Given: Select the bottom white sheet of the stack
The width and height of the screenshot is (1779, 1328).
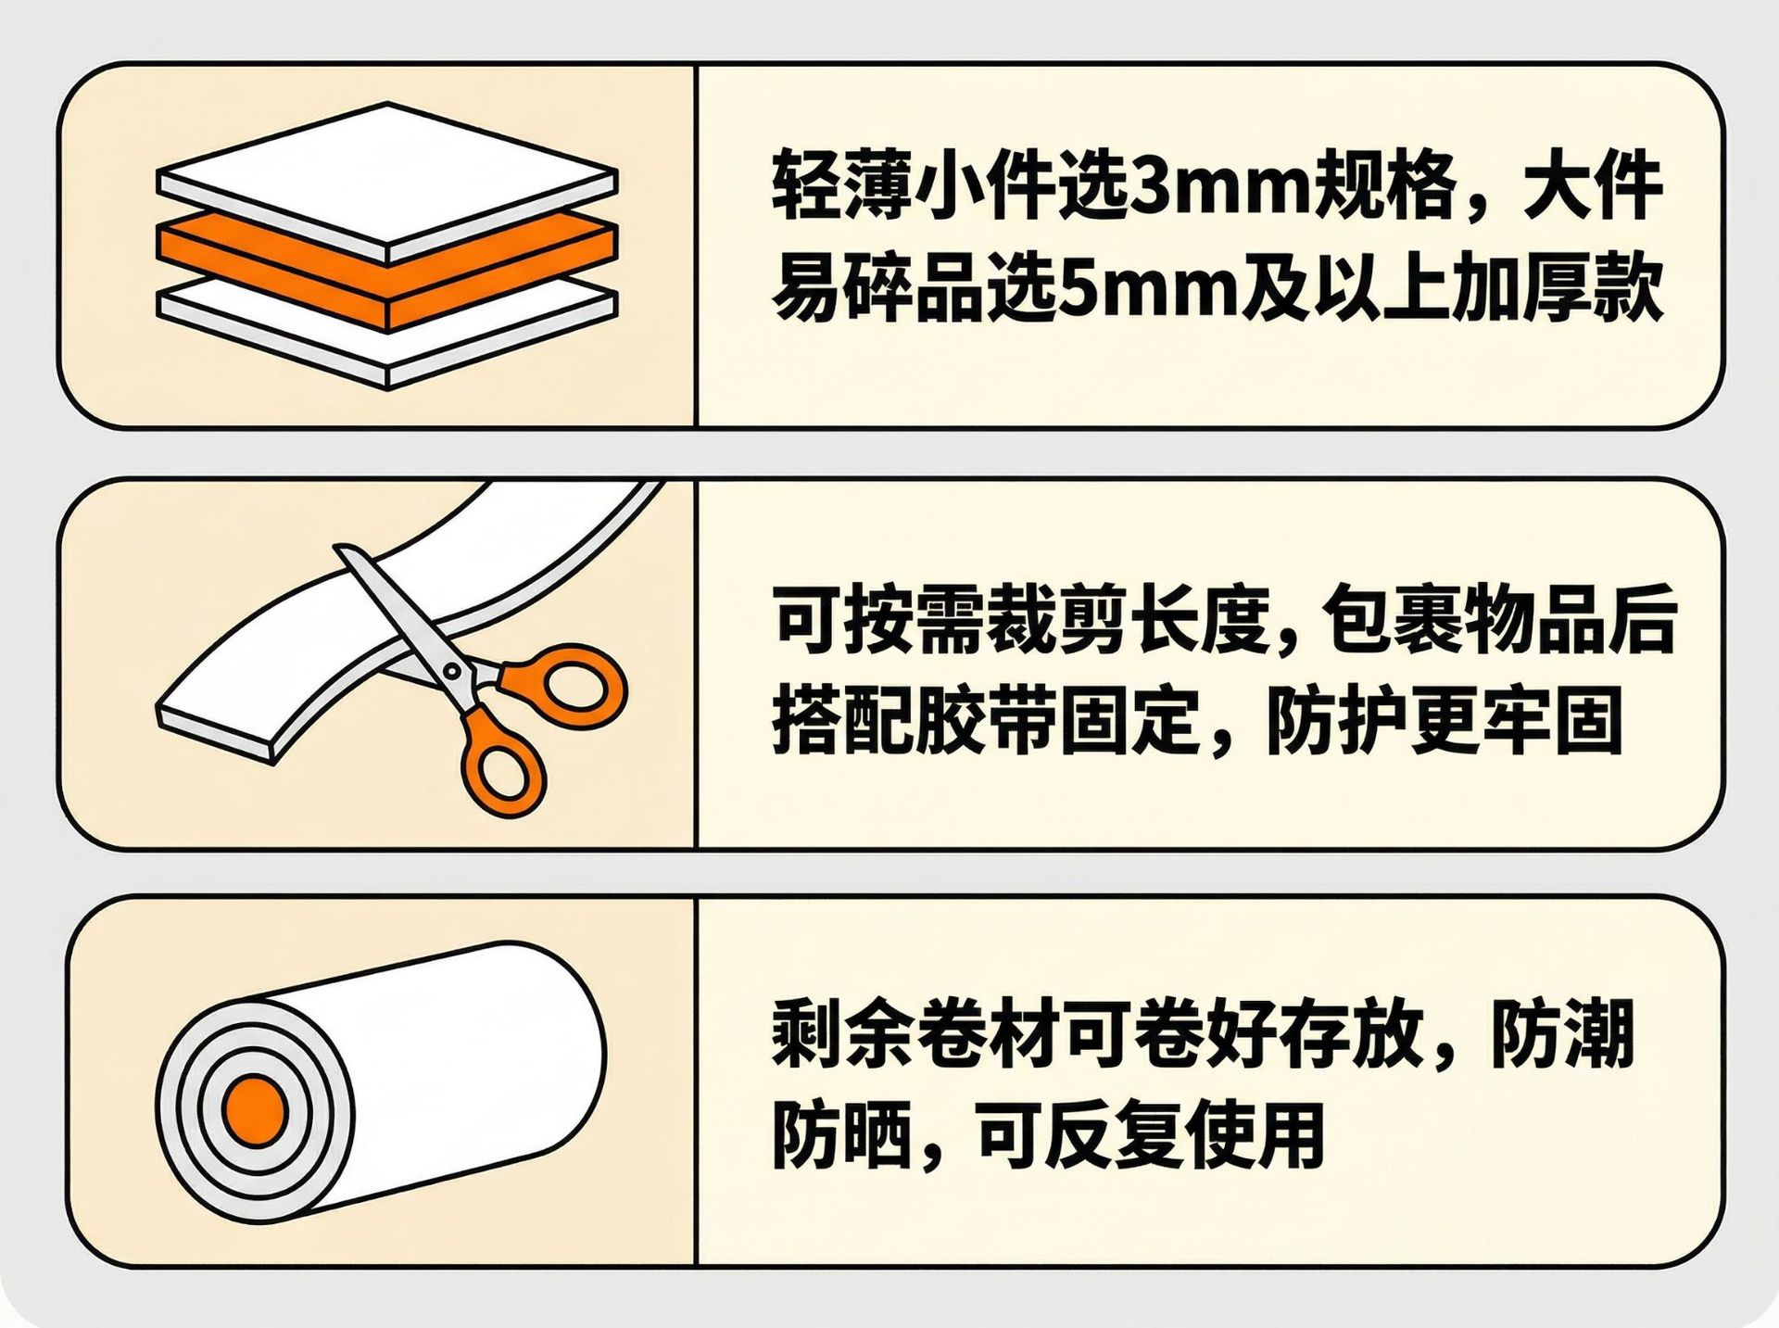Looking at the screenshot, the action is [387, 334].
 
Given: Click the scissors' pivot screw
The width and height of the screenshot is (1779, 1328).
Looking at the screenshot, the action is [452, 670].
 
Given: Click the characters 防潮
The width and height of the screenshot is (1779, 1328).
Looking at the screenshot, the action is [1563, 1033].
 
